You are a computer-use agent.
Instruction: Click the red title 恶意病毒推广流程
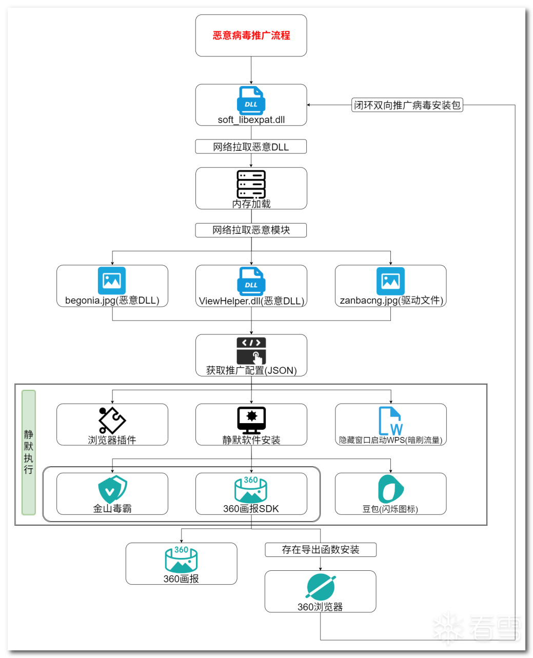251,35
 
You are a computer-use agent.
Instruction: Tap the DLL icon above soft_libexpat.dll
251,101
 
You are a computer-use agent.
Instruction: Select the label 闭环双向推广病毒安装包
407,105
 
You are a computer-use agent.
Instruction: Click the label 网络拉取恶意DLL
251,147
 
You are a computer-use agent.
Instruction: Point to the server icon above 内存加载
251,184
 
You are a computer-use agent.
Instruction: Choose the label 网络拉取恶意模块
251,230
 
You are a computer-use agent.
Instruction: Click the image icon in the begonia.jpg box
112,281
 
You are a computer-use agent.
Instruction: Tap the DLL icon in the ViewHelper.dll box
251,281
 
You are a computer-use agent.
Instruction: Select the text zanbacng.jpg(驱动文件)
391,301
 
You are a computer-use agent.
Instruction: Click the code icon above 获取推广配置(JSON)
251,350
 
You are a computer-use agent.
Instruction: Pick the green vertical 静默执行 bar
29,452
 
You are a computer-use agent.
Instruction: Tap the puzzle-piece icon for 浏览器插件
112,420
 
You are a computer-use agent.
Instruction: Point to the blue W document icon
390,421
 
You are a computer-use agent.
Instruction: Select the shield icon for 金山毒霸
112,489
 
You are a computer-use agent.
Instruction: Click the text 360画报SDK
251,509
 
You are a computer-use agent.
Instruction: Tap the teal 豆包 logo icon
390,489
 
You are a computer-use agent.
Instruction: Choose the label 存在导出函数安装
321,550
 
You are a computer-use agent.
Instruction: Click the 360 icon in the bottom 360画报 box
181,560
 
